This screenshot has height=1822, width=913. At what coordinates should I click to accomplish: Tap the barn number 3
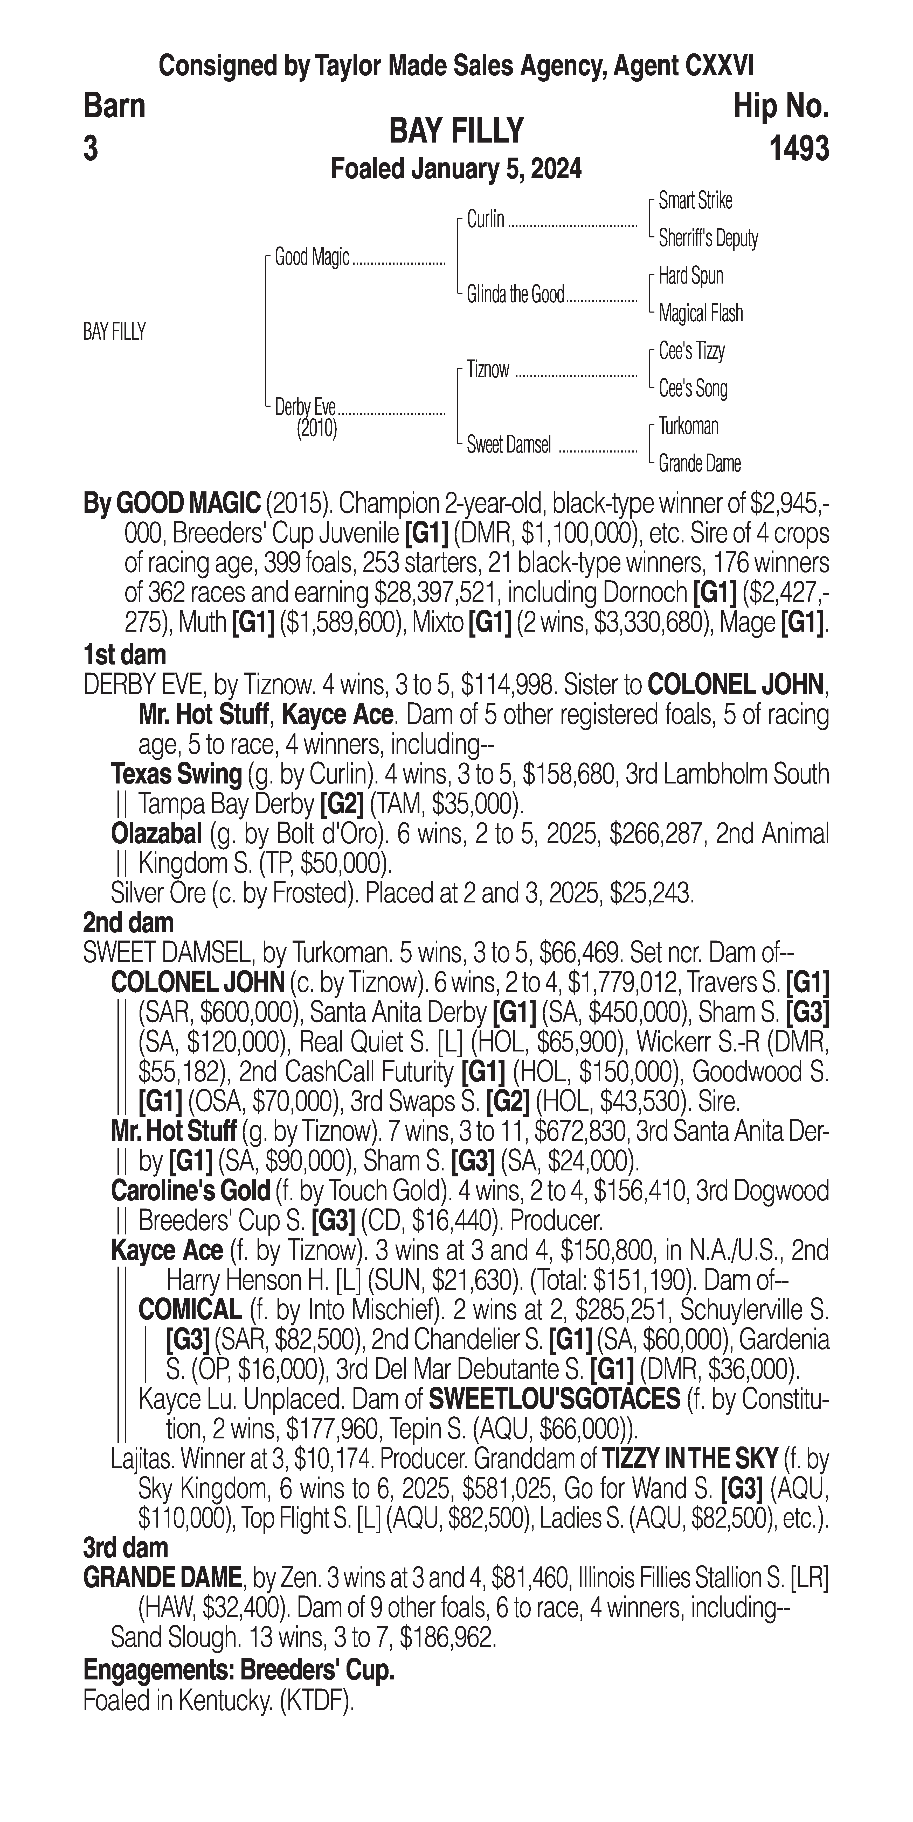pos(91,149)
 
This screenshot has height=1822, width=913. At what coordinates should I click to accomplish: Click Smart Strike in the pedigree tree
pos(695,201)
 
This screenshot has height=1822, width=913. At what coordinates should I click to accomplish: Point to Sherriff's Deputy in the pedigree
pos(708,238)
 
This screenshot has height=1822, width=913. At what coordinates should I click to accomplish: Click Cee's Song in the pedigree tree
pos(693,388)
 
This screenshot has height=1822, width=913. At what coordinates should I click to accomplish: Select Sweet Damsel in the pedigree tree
pos(508,446)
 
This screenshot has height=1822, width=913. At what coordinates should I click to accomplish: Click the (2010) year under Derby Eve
pos(316,429)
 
